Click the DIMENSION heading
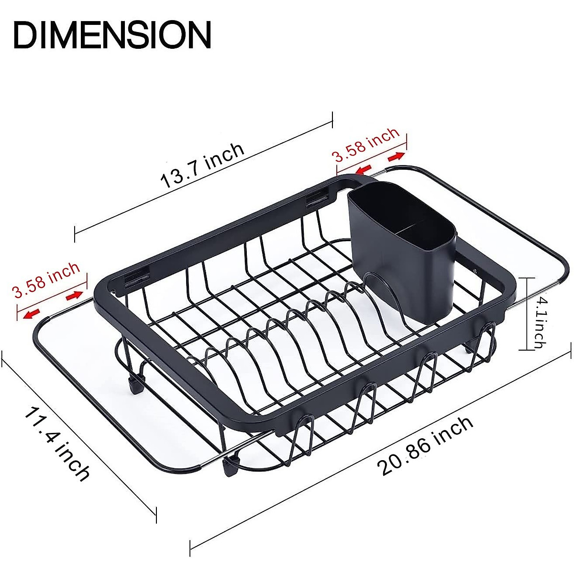pos(112,34)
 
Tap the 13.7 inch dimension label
pos(202,165)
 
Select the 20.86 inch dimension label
pos(425,446)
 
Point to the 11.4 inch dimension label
pos(57,443)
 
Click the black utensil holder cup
pos(402,254)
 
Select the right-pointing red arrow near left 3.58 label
pos(74,296)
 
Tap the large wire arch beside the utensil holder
pos(383,292)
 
